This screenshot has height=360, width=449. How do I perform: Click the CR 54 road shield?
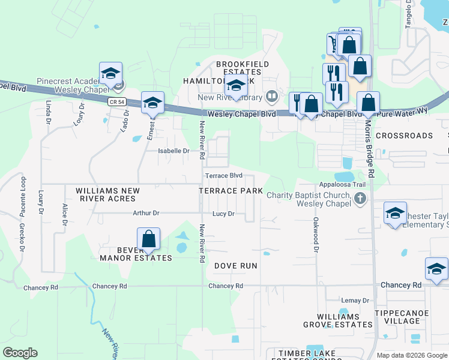point(116,102)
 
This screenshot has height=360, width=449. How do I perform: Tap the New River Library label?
point(231,97)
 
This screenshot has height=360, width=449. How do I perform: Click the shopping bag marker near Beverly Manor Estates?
point(149,240)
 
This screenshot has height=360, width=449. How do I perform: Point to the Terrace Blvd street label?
point(223,176)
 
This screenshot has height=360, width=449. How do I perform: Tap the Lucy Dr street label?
point(223,214)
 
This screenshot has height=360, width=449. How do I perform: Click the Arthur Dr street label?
point(146,213)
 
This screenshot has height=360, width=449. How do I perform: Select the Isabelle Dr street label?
point(173,151)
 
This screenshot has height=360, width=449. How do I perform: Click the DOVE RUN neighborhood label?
point(236,265)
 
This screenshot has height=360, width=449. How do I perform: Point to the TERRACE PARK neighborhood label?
point(231,191)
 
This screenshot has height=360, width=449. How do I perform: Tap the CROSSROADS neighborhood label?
point(404,136)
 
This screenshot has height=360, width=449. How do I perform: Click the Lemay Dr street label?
point(355,300)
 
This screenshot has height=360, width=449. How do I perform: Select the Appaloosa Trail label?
point(342,185)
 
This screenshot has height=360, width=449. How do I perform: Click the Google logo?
point(20,353)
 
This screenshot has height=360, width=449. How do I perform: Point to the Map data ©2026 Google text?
point(412,355)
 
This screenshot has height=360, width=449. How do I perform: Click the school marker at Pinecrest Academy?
point(110,74)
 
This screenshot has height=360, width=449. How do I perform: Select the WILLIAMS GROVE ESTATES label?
point(345,320)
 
